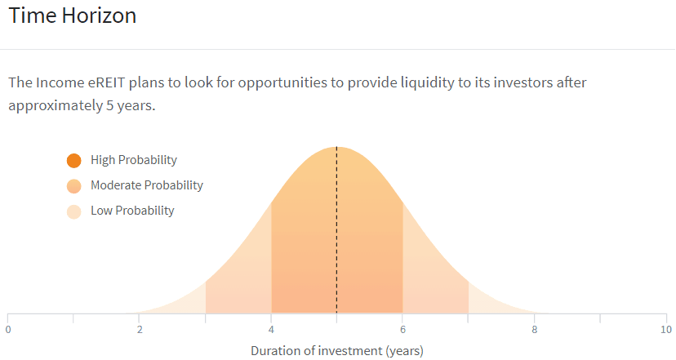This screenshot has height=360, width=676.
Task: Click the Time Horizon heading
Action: click(x=73, y=16)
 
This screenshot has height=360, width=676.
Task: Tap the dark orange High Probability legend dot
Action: click(x=74, y=160)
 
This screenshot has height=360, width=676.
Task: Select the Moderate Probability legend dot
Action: click(x=74, y=186)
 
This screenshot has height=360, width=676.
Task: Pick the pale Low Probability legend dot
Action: click(x=74, y=211)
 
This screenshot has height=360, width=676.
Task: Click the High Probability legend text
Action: click(x=134, y=160)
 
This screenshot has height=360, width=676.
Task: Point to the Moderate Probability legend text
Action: click(x=147, y=185)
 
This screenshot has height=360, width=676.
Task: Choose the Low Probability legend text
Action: click(x=132, y=211)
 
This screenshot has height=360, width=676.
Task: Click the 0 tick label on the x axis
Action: click(x=8, y=330)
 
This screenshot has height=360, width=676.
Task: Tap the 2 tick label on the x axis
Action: click(x=140, y=330)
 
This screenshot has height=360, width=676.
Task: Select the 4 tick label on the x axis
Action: click(x=271, y=330)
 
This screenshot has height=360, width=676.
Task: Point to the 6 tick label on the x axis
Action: click(x=402, y=330)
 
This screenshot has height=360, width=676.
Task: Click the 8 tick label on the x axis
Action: click(x=535, y=330)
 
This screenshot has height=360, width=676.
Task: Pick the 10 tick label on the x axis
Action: click(x=666, y=330)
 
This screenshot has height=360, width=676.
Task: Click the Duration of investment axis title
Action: click(x=337, y=351)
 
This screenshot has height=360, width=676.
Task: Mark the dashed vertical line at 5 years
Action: click(x=336, y=230)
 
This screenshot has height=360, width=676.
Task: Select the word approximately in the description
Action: click(x=56, y=106)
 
